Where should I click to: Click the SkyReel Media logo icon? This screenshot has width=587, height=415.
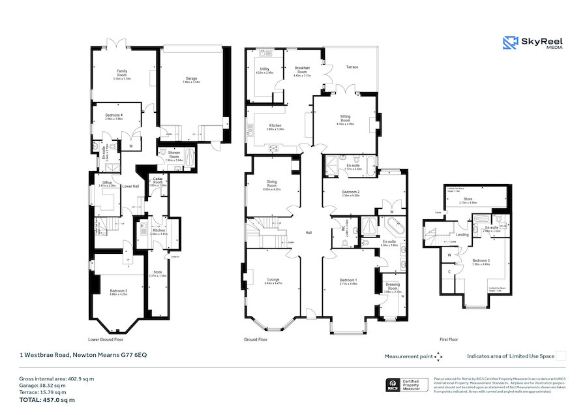pos(510,43)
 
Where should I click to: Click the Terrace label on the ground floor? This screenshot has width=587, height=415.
pos(352,67)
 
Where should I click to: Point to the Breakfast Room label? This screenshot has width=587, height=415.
pos(301,70)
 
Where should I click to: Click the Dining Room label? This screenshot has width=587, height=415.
pos(271,184)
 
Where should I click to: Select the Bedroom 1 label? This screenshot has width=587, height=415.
pos(348,281)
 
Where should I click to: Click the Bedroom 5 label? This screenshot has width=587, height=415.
pos(119,291)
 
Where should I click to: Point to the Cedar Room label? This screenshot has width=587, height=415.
pos(158,182)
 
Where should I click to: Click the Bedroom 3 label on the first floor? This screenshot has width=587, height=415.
pos(481,261)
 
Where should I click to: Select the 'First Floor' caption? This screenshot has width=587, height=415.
pos(449,340)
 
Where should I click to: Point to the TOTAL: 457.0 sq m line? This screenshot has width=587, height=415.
pos(47,399)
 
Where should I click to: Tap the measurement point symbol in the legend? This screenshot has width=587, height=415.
pos(438,356)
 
